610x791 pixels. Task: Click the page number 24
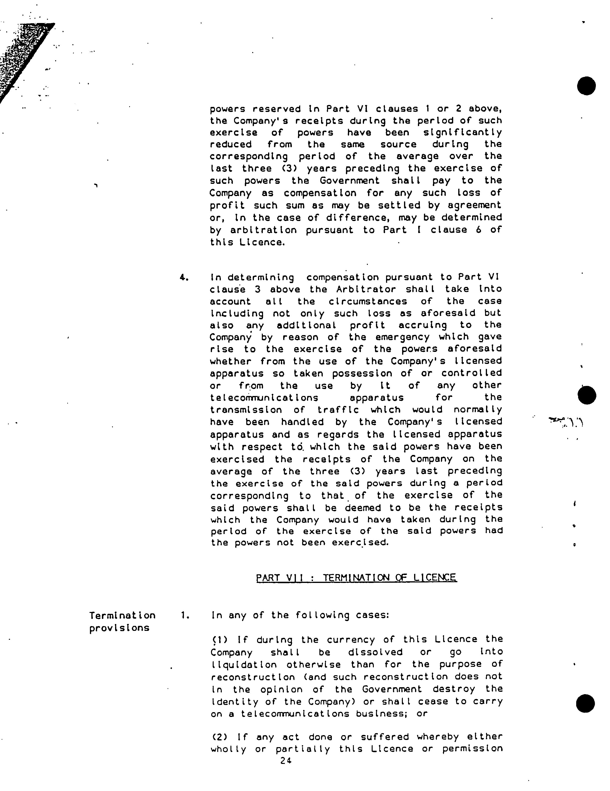(x=286, y=761)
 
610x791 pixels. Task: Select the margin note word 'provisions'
(x=119, y=628)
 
